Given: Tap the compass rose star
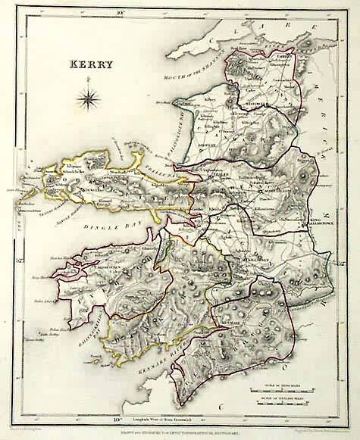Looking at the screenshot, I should [x=88, y=97].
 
